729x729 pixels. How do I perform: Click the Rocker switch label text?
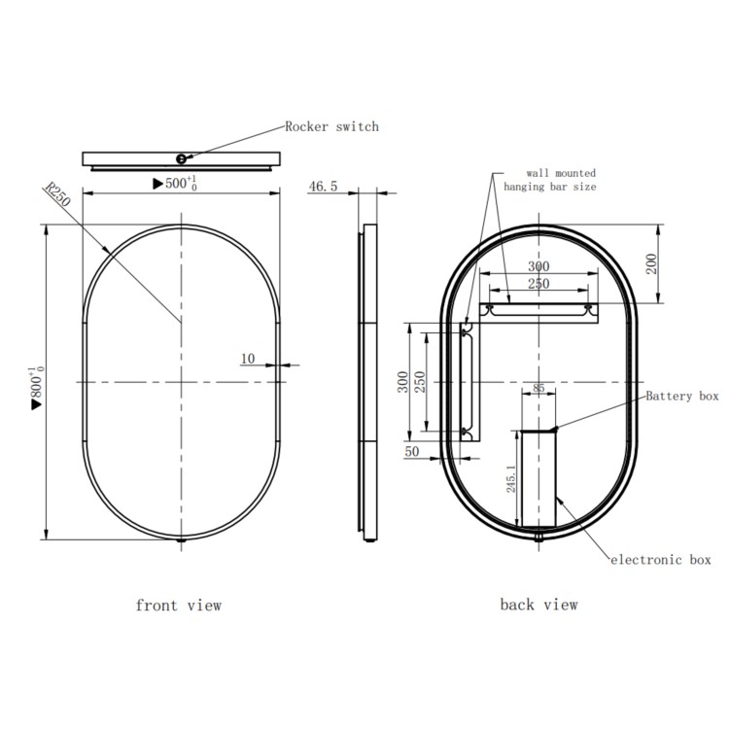[x=331, y=126]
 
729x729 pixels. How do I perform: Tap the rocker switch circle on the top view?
[x=182, y=158]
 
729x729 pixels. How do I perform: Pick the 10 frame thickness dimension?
[x=247, y=359]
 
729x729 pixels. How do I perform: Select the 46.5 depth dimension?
[x=323, y=187]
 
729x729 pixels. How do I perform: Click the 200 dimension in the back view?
[x=652, y=262]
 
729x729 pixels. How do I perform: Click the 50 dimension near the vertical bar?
[x=411, y=452]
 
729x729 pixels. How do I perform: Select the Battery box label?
[x=682, y=396]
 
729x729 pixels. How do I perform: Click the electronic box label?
[x=661, y=560]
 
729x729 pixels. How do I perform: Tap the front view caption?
[x=179, y=606]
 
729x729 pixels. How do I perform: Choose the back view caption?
[x=538, y=605]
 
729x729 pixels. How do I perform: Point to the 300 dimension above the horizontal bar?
[x=538, y=266]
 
